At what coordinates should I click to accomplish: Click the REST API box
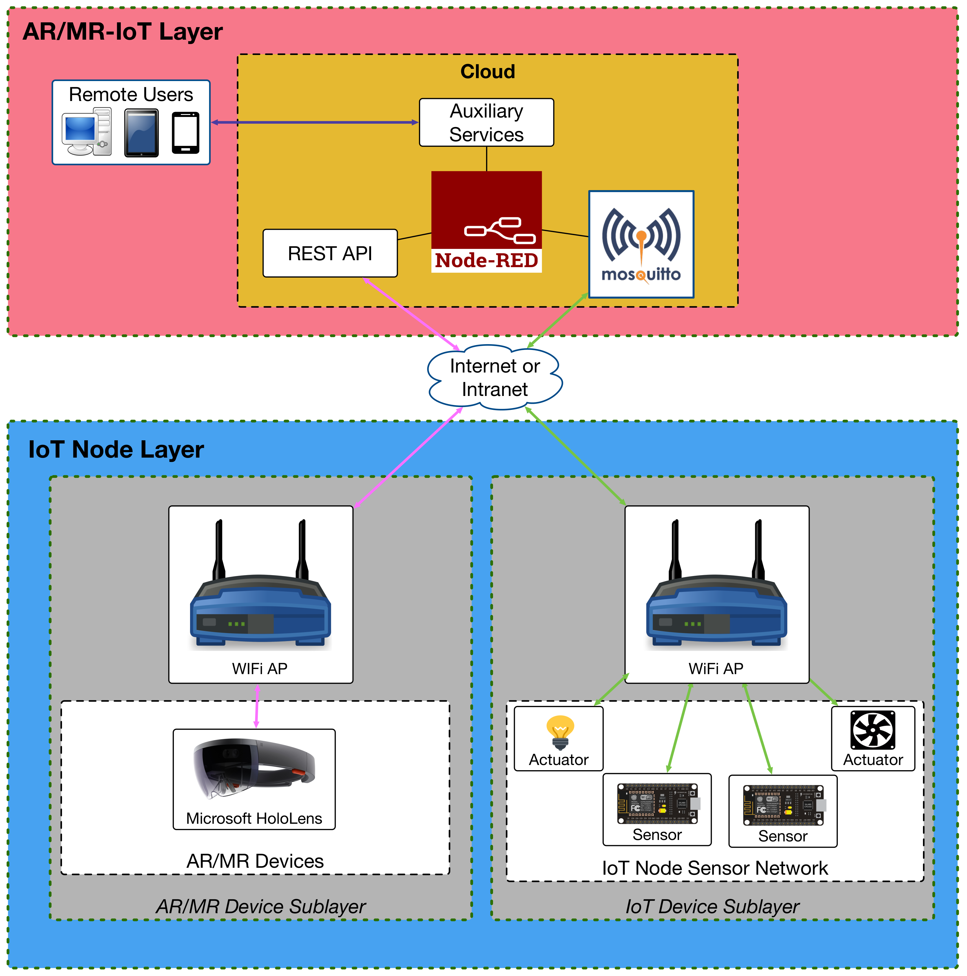click(x=330, y=253)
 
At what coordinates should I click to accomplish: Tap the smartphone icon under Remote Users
click(x=185, y=133)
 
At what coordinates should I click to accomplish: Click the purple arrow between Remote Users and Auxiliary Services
click(x=313, y=122)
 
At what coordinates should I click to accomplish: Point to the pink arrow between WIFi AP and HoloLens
click(x=257, y=706)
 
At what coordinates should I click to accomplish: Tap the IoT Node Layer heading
click(x=116, y=449)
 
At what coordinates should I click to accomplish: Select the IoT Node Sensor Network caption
click(x=714, y=868)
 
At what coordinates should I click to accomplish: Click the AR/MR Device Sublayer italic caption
click(x=260, y=906)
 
